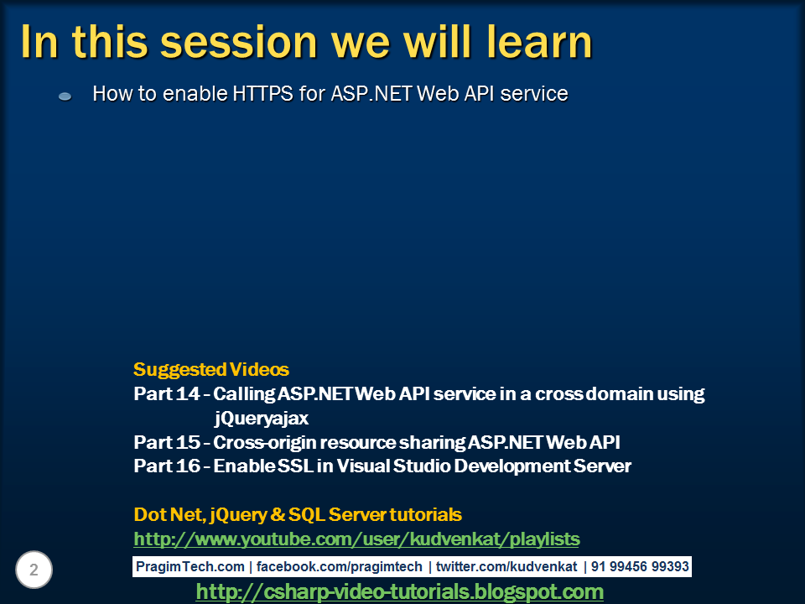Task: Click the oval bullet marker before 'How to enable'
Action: [x=65, y=97]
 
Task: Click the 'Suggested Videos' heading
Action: [x=211, y=369]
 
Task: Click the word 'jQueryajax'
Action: [x=261, y=418]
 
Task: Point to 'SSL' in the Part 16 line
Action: [x=295, y=466]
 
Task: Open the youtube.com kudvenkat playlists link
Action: [x=356, y=539]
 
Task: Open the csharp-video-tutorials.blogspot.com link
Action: [x=399, y=592]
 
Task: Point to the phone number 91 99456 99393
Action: [x=640, y=567]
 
